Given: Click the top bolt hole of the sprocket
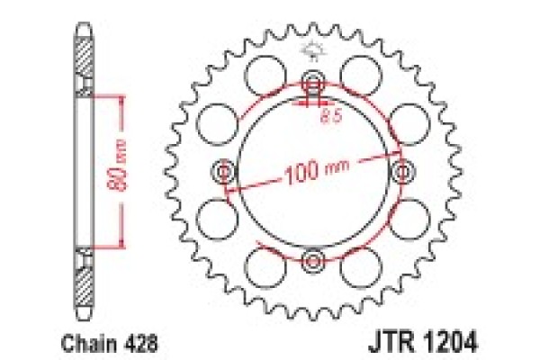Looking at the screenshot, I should point(313,78).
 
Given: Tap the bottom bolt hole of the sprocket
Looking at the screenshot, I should point(313,261).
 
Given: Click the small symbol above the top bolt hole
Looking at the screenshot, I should point(313,50).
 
